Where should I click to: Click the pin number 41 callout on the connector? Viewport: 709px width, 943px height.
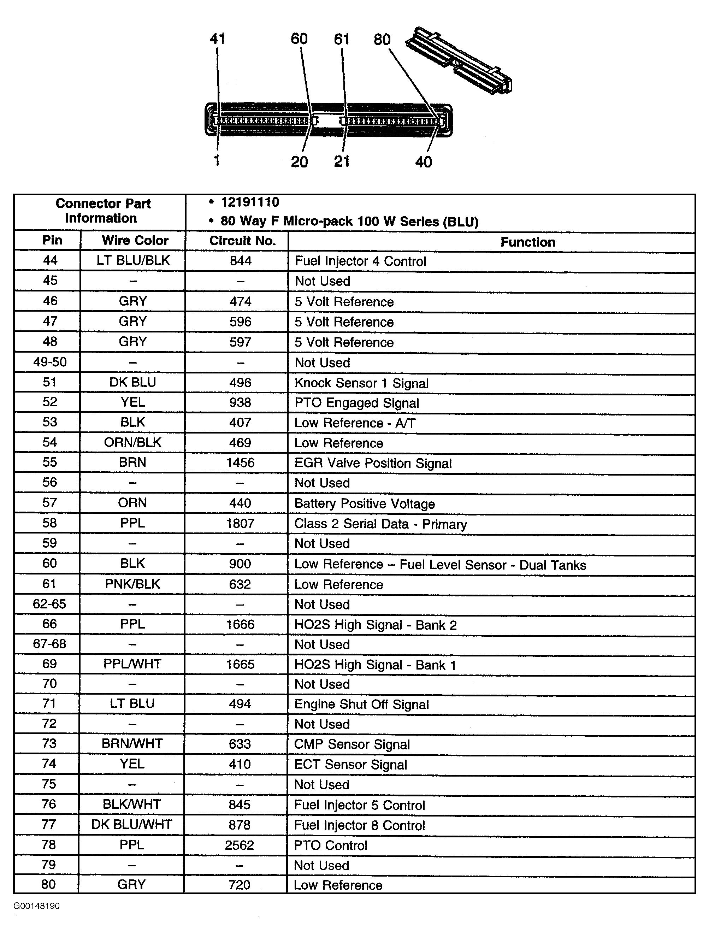click(x=217, y=39)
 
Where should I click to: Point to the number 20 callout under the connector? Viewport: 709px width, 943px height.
click(x=299, y=162)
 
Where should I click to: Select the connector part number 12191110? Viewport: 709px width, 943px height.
click(x=250, y=202)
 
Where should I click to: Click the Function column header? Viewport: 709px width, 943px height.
click(x=527, y=242)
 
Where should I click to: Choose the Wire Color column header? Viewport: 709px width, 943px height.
click(x=135, y=241)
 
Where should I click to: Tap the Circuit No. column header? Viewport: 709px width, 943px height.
click(x=242, y=241)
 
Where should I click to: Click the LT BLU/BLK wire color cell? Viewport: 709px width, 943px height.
click(x=133, y=260)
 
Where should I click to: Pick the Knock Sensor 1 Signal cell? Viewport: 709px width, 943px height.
click(x=361, y=383)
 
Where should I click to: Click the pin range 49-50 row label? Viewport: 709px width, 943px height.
click(x=50, y=362)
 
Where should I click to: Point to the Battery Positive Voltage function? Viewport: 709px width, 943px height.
click(x=365, y=503)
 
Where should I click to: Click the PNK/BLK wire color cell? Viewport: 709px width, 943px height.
click(x=132, y=584)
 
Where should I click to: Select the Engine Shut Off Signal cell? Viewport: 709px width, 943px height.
click(x=361, y=704)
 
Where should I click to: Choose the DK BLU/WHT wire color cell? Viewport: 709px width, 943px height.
click(x=132, y=825)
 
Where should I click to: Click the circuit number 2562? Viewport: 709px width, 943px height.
click(x=240, y=845)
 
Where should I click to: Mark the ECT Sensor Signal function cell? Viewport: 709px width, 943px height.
click(x=350, y=764)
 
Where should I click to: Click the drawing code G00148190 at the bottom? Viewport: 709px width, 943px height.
click(x=37, y=906)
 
